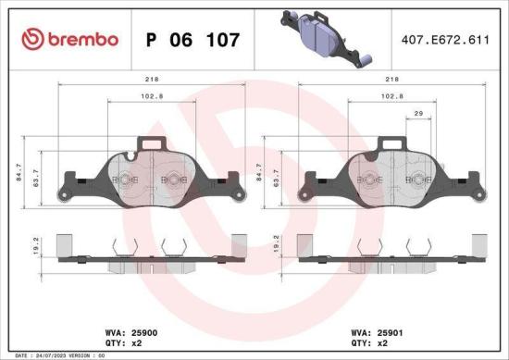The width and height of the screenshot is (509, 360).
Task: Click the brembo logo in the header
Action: pyautogui.click(x=70, y=40)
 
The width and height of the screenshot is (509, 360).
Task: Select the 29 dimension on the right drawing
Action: pyautogui.click(x=418, y=112)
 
